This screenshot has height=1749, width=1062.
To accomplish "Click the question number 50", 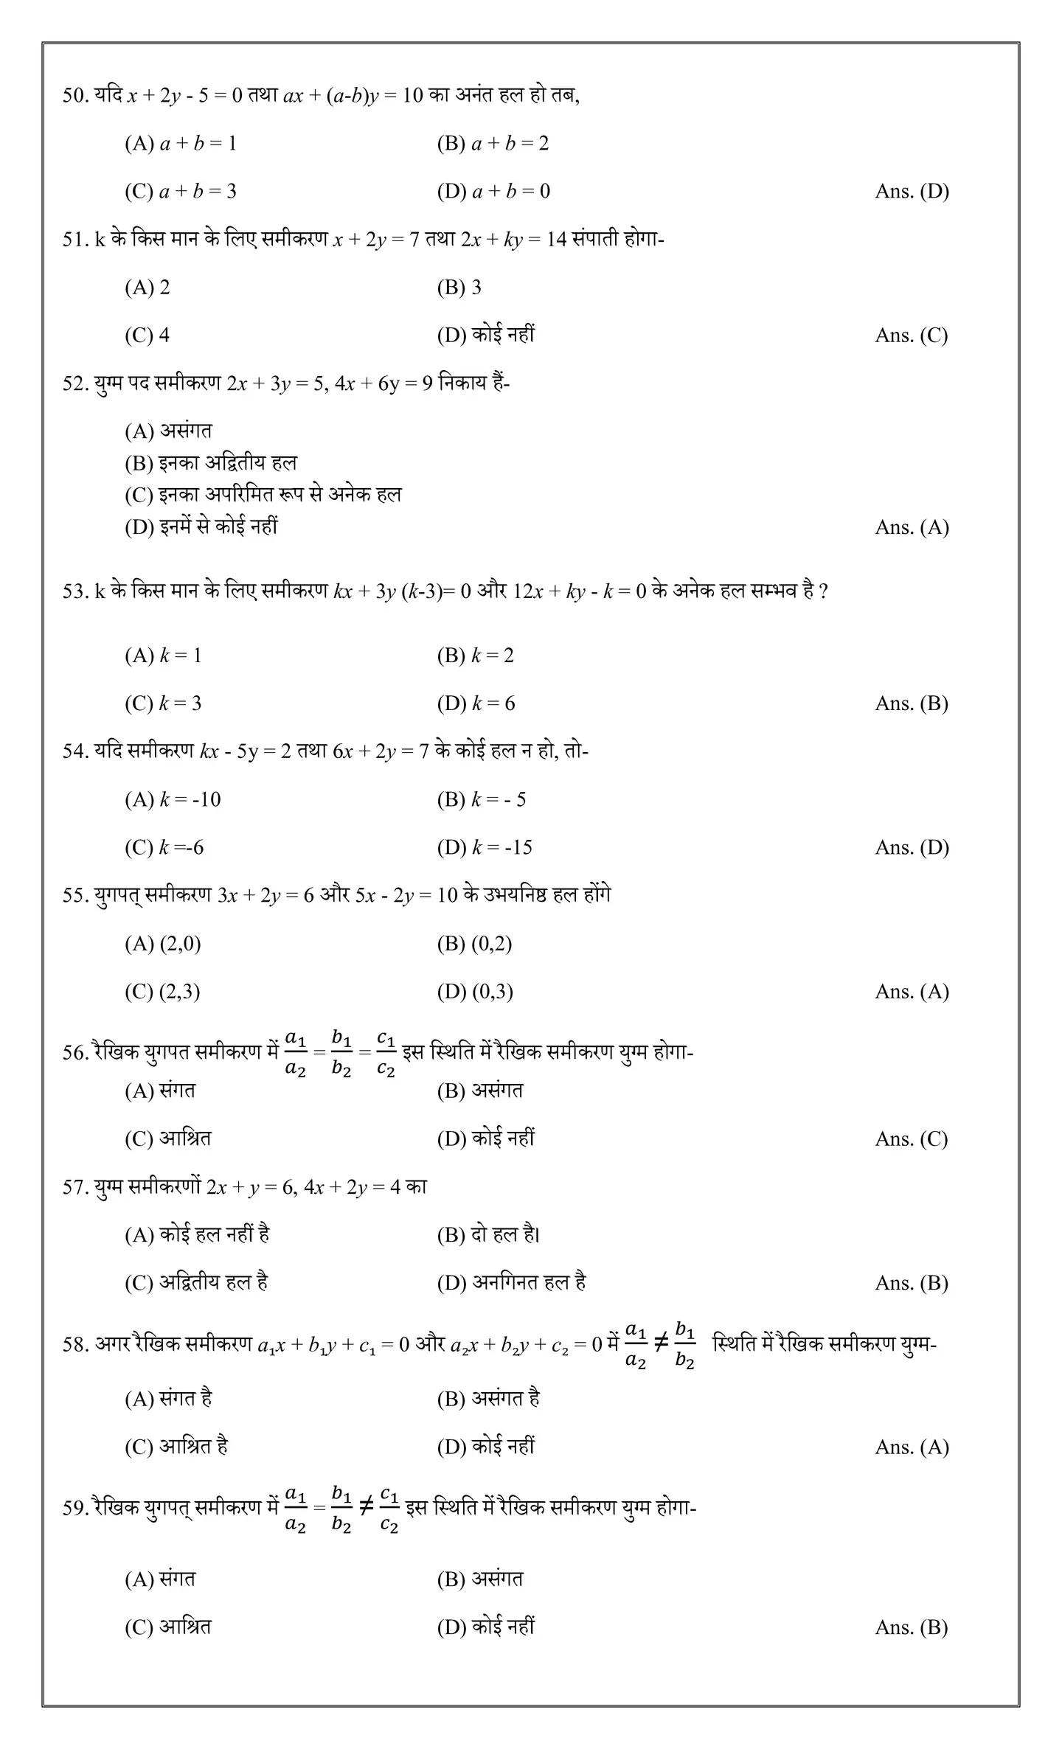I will (x=74, y=96).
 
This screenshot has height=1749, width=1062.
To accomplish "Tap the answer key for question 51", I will (x=911, y=335).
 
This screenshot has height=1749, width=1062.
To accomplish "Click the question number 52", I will (x=74, y=384).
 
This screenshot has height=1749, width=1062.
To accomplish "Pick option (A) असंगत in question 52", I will (x=168, y=431).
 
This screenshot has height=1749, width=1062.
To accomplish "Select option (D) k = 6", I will (x=476, y=703).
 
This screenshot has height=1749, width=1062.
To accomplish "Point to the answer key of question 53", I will (x=911, y=703).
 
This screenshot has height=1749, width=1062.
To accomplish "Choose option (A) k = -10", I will (x=173, y=799).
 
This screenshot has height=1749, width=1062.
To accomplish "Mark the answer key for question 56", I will (x=911, y=1139).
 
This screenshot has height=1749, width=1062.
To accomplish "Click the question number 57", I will (x=74, y=1188).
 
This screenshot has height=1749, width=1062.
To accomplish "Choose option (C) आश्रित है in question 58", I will (x=176, y=1447).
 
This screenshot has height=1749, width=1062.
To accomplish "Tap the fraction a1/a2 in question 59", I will (x=295, y=1509).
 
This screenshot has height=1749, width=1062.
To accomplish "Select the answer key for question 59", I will (x=911, y=1627).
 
